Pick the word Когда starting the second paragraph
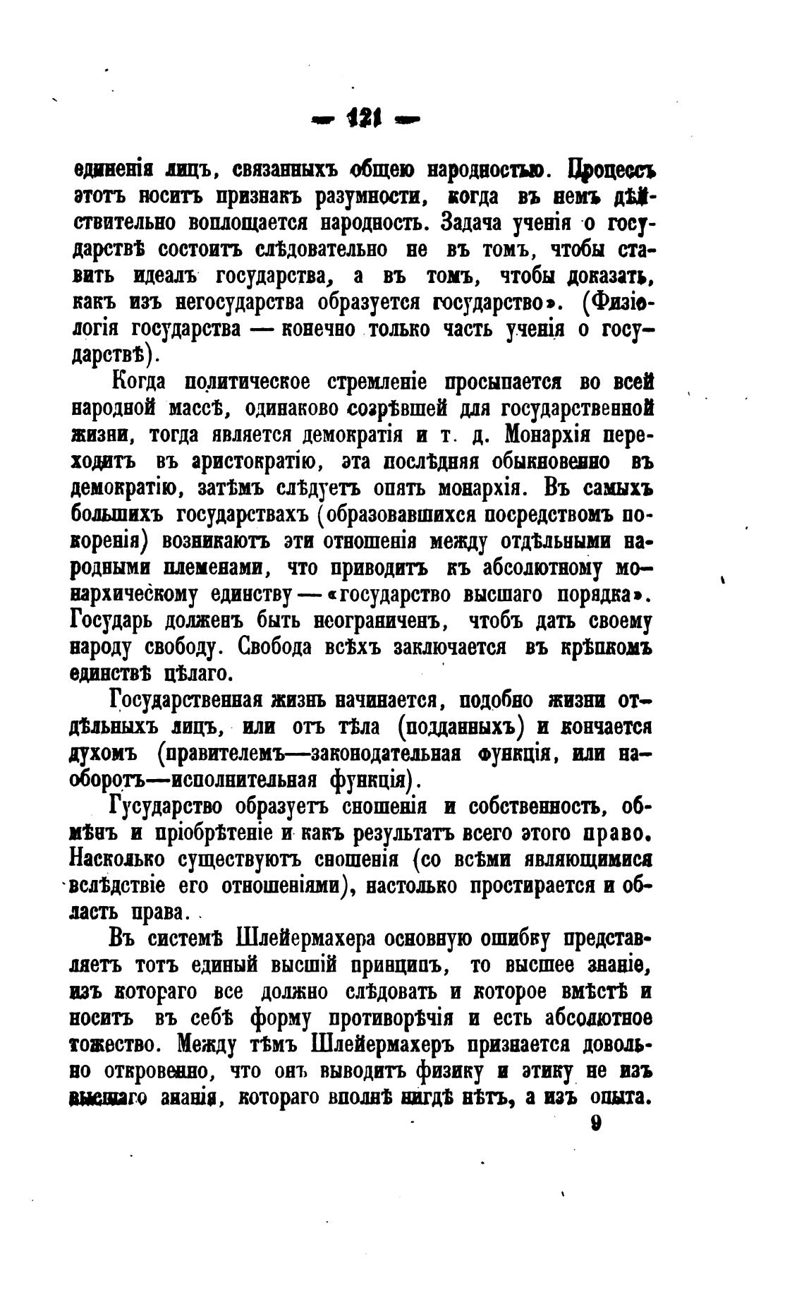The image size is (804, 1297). (x=139, y=383)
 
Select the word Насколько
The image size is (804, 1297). (x=126, y=859)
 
